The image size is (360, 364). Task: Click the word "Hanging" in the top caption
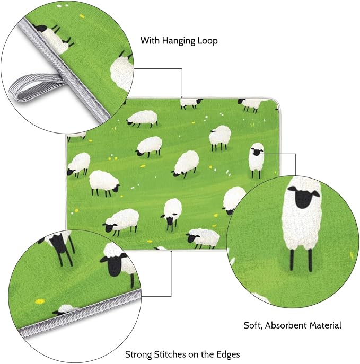click(179, 41)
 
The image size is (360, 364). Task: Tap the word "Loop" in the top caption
click(208, 41)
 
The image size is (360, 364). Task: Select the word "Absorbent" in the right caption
click(286, 325)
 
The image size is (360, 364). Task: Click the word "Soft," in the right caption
click(253, 325)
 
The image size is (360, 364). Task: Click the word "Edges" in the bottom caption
click(229, 355)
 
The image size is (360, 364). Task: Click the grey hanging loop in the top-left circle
click(35, 86)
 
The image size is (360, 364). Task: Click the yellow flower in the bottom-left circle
click(40, 301)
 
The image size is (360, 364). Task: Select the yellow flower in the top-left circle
click(82, 16)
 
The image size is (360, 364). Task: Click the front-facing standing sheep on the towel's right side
click(257, 161)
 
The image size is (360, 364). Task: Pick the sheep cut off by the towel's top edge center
click(190, 103)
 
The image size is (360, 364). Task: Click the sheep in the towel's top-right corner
click(251, 105)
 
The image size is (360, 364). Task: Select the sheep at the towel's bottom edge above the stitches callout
click(160, 248)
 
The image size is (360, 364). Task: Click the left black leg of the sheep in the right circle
click(292, 260)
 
